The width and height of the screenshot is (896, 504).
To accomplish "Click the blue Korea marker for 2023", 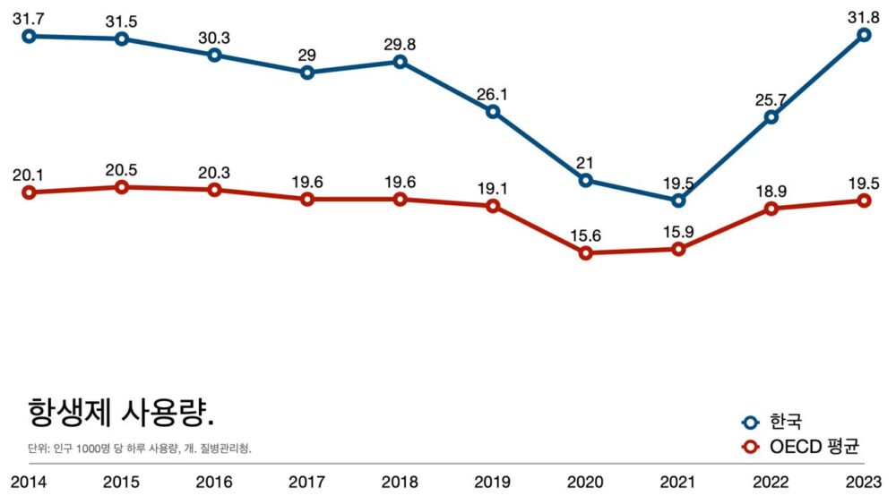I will [864, 35].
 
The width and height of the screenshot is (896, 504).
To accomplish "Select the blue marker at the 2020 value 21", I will [586, 180].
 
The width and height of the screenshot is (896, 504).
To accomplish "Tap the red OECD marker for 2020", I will [586, 253].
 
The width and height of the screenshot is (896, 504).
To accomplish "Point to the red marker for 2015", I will [122, 187].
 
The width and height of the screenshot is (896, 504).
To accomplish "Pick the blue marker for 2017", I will [307, 73].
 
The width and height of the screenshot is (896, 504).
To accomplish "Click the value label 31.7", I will [28, 14].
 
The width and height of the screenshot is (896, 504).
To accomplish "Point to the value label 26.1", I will [493, 93].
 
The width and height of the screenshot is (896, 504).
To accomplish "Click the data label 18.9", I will [771, 191].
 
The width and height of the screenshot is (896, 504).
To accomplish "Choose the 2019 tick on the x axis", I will [493, 483].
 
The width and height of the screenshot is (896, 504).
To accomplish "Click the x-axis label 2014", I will [28, 483].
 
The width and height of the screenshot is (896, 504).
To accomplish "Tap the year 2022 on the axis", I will [771, 483].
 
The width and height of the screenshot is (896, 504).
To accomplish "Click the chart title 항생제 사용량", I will [121, 413].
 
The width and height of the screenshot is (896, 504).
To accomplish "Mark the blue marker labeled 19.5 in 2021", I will [678, 200].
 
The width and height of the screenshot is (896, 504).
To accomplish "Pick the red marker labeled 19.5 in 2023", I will [864, 201].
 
